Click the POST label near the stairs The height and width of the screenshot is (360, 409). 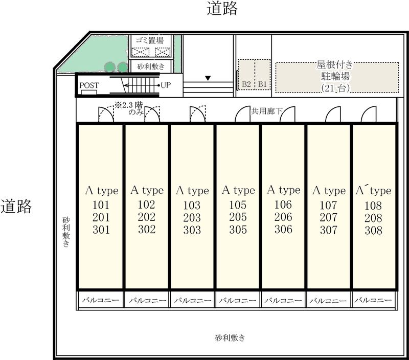(x=89, y=85)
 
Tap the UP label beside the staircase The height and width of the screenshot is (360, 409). (x=166, y=85)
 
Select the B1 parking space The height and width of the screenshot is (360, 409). (x=262, y=75)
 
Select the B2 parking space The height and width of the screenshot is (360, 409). (x=246, y=75)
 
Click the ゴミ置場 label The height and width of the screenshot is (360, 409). (x=150, y=40)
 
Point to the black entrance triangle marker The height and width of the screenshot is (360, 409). (x=208, y=78)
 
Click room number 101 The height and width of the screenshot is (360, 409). (x=101, y=205)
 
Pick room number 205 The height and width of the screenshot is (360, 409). (x=238, y=217)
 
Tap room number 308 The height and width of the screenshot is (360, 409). (x=373, y=230)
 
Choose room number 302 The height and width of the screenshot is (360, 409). (x=147, y=229)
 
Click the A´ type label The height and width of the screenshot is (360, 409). (x=374, y=190)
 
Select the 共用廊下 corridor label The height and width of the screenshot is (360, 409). (x=266, y=111)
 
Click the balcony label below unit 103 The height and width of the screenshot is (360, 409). (x=193, y=301)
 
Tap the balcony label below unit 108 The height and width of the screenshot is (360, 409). (x=373, y=300)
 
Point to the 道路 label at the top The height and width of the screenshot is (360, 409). (x=222, y=8)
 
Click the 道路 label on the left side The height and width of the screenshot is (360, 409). (x=16, y=207)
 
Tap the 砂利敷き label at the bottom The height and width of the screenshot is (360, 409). (x=230, y=338)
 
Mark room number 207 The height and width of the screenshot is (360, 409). (x=328, y=217)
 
